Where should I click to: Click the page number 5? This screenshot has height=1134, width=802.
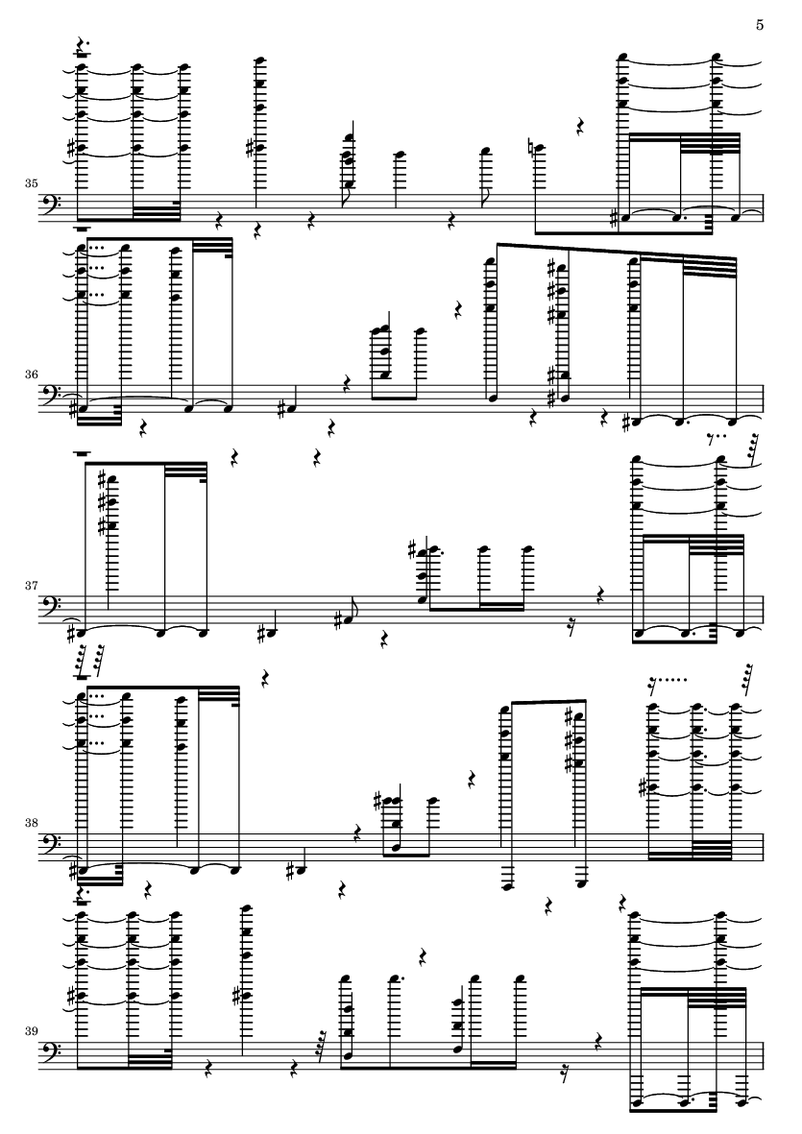click(760, 25)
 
